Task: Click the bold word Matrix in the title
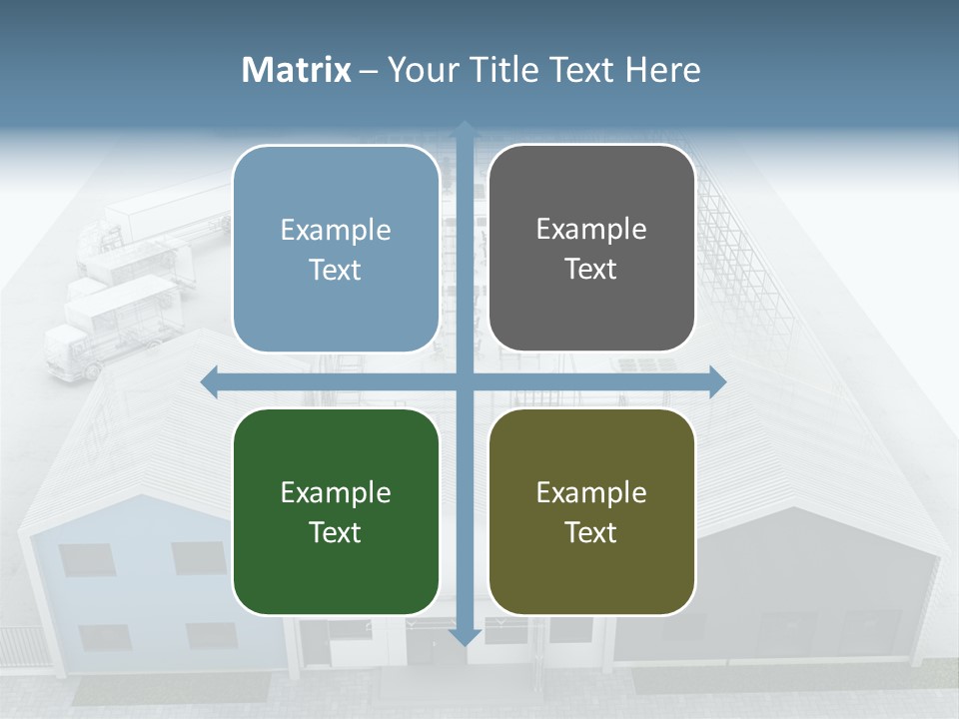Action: pos(297,70)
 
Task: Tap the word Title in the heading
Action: pos(499,70)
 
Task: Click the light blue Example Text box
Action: pos(336,249)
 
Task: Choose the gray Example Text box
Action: pos(591,248)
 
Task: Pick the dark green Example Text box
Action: pos(336,511)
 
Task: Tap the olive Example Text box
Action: pos(591,511)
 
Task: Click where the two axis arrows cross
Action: pos(465,381)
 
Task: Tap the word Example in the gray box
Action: pos(591,230)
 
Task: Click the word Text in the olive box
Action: pos(591,532)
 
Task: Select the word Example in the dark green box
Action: pos(336,492)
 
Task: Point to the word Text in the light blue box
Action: pos(336,270)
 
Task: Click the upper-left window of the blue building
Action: pos(84,559)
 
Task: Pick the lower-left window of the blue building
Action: pos(104,636)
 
